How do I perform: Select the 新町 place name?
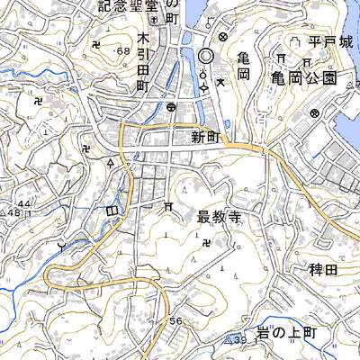[x=205, y=138]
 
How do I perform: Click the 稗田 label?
[x=321, y=269]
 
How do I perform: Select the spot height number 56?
[x=174, y=322]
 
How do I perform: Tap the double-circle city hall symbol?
[x=205, y=56]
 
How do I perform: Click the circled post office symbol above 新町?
[x=171, y=107]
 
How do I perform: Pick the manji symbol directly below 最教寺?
[x=209, y=240]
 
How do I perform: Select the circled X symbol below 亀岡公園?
[x=314, y=113]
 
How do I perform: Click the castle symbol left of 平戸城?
[x=293, y=42]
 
